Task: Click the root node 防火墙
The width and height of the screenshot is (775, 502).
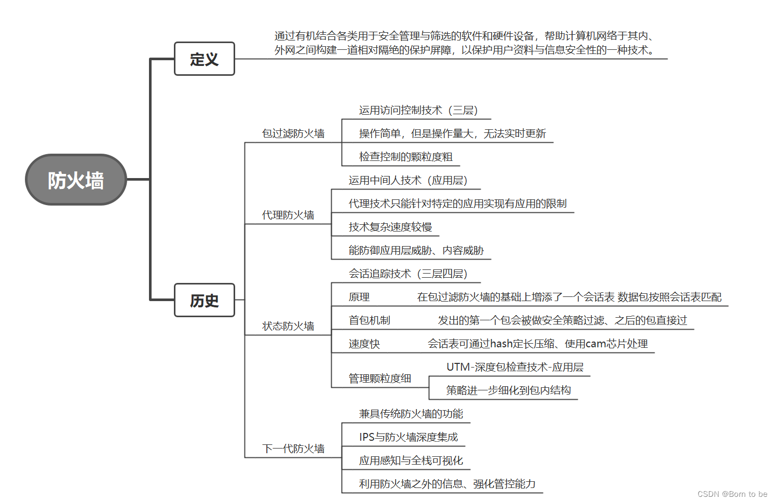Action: pyautogui.click(x=76, y=180)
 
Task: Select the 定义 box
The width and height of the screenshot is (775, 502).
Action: pyautogui.click(x=204, y=59)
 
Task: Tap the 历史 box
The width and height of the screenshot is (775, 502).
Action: pyautogui.click(x=204, y=300)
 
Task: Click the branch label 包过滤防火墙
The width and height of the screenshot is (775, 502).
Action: pyautogui.click(x=293, y=133)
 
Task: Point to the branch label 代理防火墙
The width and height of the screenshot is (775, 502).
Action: pyautogui.click(x=288, y=215)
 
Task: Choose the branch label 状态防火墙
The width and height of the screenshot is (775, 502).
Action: pyautogui.click(x=288, y=326)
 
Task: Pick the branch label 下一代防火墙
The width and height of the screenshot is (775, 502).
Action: pyautogui.click(x=293, y=449)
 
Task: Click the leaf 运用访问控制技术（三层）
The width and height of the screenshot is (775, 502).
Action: pyautogui.click(x=418, y=110)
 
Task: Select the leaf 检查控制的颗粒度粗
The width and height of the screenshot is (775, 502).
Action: pyautogui.click(x=405, y=157)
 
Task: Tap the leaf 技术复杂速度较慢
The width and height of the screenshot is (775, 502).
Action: pyautogui.click(x=390, y=227)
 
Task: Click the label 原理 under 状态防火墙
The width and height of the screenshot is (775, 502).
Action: pyautogui.click(x=359, y=297)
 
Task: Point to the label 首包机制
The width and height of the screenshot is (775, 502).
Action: pyautogui.click(x=369, y=320)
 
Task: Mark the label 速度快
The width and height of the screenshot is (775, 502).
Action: pyautogui.click(x=364, y=344)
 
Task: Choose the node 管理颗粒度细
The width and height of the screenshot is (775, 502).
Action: pyautogui.click(x=379, y=378)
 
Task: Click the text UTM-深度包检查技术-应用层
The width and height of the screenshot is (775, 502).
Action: pyautogui.click(x=514, y=367)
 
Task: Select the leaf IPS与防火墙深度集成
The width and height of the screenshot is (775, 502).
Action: pyautogui.click(x=408, y=437)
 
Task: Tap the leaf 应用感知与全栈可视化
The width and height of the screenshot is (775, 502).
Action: pyautogui.click(x=411, y=460)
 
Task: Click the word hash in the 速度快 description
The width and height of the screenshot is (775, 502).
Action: pyautogui.click(x=501, y=344)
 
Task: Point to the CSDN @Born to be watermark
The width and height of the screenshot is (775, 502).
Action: pyautogui.click(x=732, y=494)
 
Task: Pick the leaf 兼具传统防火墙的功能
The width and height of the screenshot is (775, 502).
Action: pyautogui.click(x=411, y=414)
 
